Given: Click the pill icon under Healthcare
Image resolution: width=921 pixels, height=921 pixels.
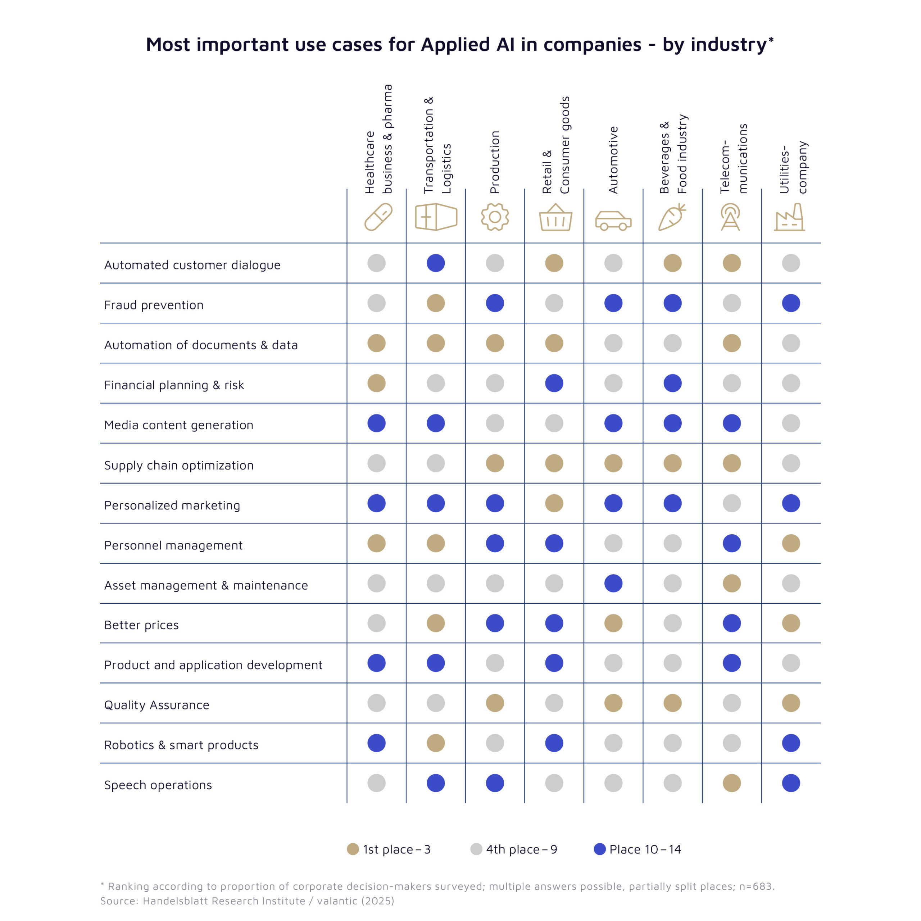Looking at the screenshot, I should tap(378, 217).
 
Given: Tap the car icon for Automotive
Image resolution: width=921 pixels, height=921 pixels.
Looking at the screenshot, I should tap(613, 220).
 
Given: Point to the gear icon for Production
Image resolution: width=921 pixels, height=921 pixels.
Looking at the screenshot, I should tap(495, 217).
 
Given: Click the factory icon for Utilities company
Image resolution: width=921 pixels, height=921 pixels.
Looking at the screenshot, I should tap(790, 218).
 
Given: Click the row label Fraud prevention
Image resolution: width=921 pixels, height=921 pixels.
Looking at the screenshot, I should tap(154, 305).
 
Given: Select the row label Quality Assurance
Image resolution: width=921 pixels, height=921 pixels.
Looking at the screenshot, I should tap(156, 705).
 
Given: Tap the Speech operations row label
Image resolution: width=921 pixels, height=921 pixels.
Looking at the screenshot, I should tap(158, 785).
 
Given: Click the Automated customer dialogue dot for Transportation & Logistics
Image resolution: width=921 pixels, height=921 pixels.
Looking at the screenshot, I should tap(436, 263).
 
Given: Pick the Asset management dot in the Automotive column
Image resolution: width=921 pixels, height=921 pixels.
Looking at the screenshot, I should tap(613, 583).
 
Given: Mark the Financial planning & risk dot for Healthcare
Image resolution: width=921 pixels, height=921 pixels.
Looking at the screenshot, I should tap(377, 383).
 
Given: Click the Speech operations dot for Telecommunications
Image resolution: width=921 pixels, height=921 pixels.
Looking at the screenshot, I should tap(732, 783).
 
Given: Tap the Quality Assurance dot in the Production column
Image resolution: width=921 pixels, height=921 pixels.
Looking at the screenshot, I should tap(495, 703).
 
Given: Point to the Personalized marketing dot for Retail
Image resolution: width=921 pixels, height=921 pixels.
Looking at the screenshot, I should tap(554, 503).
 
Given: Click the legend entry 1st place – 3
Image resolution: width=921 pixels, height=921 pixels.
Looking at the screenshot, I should tap(389, 849).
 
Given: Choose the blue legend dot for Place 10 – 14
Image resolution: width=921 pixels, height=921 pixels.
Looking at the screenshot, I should tap(600, 849).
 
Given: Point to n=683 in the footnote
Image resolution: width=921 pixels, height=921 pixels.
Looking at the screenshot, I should tap(756, 886).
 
